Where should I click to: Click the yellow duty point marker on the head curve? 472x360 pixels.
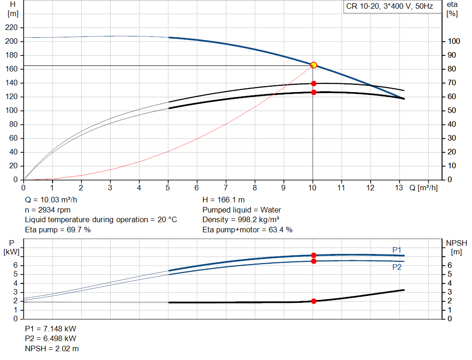pos(313,65)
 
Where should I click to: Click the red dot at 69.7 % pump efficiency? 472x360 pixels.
pos(313,83)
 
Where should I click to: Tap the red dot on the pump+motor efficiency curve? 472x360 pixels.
pos(313,92)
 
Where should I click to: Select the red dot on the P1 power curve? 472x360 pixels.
pos(313,255)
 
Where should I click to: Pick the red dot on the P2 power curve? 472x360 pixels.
pos(313,261)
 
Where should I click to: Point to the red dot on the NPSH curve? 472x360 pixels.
pos(313,301)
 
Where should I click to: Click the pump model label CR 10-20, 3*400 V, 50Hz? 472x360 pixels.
pos(389,7)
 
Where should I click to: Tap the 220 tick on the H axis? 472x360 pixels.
pos(12,28)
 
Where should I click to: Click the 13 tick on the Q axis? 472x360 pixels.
pos(399,188)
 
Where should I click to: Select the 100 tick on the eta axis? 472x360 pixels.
pos(454,41)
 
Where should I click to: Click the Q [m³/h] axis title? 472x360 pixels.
pos(423,188)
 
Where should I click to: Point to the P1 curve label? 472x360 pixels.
pos(397,250)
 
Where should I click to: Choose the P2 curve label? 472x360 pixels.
pos(397,267)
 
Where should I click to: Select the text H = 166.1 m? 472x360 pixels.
pos(223,200)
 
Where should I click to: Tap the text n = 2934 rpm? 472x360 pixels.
pos(47,210)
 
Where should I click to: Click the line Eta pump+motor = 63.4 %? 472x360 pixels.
pos(247,230)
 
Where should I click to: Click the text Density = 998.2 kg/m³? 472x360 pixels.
pos(241,219)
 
